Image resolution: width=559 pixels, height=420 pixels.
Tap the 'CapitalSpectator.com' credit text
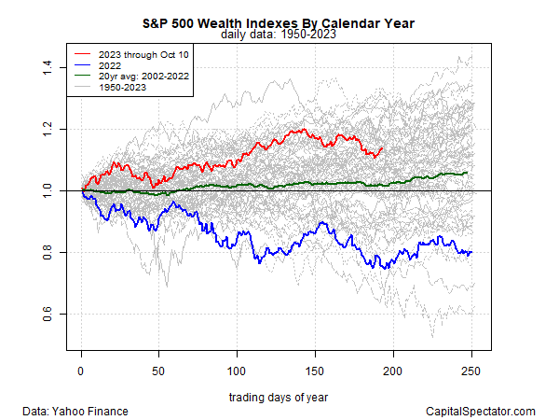click(x=480, y=411)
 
